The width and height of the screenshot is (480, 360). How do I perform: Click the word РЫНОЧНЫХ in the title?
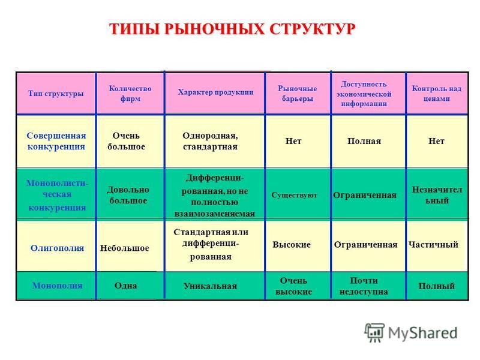point(214,29)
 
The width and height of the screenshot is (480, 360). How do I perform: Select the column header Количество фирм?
point(130,94)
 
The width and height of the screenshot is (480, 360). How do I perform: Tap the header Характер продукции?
point(216,92)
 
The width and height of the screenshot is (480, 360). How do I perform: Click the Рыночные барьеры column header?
point(297,94)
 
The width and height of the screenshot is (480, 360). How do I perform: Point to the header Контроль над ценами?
point(437,94)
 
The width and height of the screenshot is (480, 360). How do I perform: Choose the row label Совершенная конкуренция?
point(56,141)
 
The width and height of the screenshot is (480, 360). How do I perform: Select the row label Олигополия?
point(57,248)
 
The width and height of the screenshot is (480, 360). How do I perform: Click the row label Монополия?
point(57,286)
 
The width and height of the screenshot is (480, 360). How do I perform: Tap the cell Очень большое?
point(126,141)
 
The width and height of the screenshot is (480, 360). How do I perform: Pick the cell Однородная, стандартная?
point(211,141)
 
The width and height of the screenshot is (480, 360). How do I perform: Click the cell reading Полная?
point(364,141)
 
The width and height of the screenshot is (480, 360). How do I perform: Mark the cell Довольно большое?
point(128,195)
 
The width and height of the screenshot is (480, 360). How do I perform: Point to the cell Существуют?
point(294,196)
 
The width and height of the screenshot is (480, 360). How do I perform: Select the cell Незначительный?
point(437,195)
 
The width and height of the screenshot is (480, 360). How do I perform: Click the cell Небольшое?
point(125,248)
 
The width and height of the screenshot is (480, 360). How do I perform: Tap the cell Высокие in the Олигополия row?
point(292,245)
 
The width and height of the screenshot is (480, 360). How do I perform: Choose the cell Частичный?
point(433,245)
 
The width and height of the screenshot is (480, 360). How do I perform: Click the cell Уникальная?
point(211,286)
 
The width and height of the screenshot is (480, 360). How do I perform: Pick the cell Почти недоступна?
point(364,286)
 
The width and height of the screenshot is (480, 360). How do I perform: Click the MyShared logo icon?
point(374,332)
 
